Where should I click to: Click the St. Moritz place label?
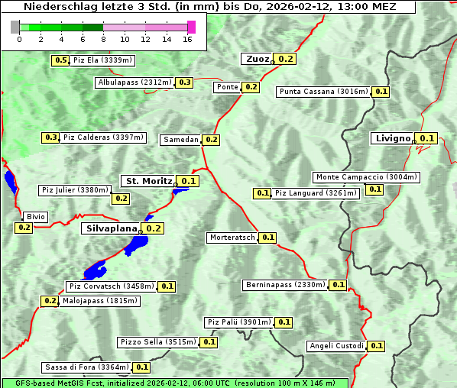coord(148,181)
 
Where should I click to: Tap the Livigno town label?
coord(391,138)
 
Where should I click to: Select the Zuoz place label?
coord(256,59)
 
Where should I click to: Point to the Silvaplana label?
coord(111,228)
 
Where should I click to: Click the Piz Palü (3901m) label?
coord(238,322)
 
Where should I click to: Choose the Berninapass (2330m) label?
coord(285,285)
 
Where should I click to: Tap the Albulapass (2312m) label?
coord(135,82)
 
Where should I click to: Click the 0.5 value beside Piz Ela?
coord(60,60)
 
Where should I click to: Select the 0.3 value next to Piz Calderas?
coord(51,137)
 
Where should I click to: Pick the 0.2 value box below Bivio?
coord(24,228)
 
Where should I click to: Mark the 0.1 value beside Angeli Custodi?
coord(376,346)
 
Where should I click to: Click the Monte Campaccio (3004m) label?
coord(367,177)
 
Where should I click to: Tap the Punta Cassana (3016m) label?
coord(323,92)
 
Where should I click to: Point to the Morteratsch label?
coord(232,238)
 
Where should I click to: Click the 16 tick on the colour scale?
coord(186,39)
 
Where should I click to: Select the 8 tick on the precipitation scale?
coord(103,39)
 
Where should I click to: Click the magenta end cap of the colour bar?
coord(191,27)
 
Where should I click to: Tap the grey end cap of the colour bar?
coord(15,27)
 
